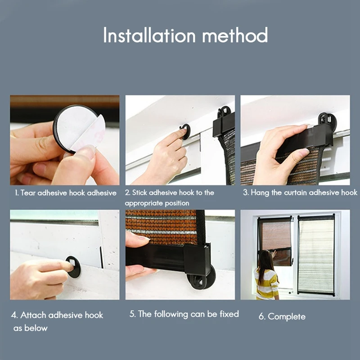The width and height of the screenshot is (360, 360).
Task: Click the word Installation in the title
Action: pos(149,35)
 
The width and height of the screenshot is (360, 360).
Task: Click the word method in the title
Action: pos(235,35)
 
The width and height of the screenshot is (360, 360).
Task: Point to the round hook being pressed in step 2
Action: pos(185,131)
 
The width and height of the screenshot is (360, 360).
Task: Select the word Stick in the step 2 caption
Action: pos(139,193)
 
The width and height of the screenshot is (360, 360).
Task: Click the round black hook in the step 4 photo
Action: pos(73,267)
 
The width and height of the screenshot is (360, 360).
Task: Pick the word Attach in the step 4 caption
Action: pos(33,315)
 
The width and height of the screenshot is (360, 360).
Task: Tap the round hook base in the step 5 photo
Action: pos(201,278)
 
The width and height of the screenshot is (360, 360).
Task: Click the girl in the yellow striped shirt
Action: pos(266,275)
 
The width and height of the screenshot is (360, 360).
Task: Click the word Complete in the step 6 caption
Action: pos(287,317)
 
